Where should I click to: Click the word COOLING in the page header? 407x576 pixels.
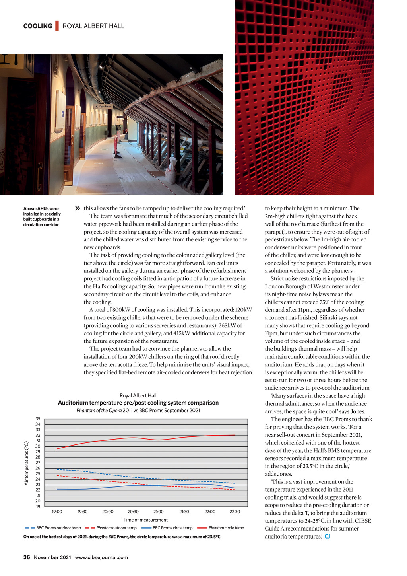coord(38,26)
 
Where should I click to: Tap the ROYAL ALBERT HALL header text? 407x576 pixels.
coord(93,26)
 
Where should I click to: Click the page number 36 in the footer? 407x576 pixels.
coord(27,557)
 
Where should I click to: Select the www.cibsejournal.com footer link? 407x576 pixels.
coord(101,557)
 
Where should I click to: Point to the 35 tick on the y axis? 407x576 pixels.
coord(38,419)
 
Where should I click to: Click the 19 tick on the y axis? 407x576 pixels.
coord(38,507)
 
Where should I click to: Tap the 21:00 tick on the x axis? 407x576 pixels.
coord(159,512)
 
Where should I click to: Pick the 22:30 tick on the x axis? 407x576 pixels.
coord(235,512)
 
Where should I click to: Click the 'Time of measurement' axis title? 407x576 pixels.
coord(145,520)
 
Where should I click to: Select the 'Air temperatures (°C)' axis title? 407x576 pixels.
coord(27,463)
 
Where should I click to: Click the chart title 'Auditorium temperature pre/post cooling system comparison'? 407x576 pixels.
coord(138,403)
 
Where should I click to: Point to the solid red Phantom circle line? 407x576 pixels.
coord(159,440)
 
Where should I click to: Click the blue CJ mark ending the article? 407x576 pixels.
coord(328,537)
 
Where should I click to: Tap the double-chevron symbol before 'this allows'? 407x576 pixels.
coord(78,208)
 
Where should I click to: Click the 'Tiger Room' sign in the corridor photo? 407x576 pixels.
coord(105,107)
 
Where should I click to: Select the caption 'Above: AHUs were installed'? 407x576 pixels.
coord(42,216)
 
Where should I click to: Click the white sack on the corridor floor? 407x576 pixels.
coord(172,169)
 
